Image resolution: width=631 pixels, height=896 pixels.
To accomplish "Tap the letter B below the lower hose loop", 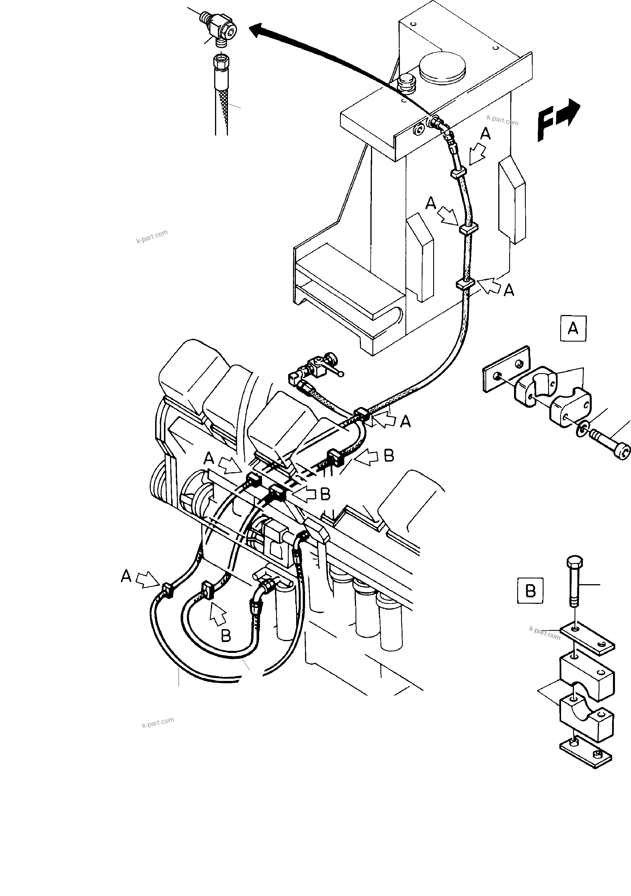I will tap(226, 636).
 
